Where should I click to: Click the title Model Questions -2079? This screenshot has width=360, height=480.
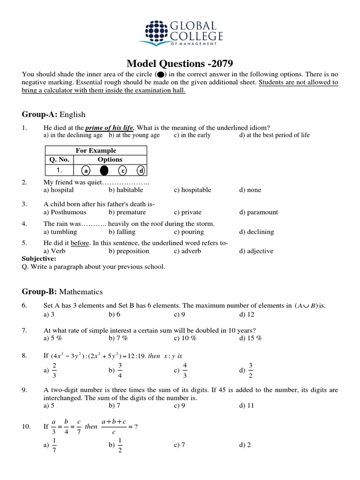(180, 63)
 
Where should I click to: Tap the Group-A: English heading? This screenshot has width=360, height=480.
(53, 114)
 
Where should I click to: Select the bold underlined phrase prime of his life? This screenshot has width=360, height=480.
(109, 128)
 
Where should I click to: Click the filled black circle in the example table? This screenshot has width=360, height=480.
(104, 171)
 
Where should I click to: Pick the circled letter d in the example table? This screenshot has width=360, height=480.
(141, 171)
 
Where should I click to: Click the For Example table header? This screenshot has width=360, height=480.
(96, 150)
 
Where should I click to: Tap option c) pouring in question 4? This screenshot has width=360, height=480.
(188, 232)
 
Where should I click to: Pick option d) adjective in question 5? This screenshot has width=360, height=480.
(256, 251)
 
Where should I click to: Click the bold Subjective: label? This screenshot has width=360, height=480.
(39, 258)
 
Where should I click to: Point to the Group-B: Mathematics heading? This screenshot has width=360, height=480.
(62, 292)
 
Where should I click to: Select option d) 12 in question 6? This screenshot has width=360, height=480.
(247, 314)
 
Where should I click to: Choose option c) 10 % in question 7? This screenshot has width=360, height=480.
(185, 338)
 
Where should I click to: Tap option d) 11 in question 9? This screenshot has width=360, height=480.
(247, 405)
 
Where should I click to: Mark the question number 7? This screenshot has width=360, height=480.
(25, 330)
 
